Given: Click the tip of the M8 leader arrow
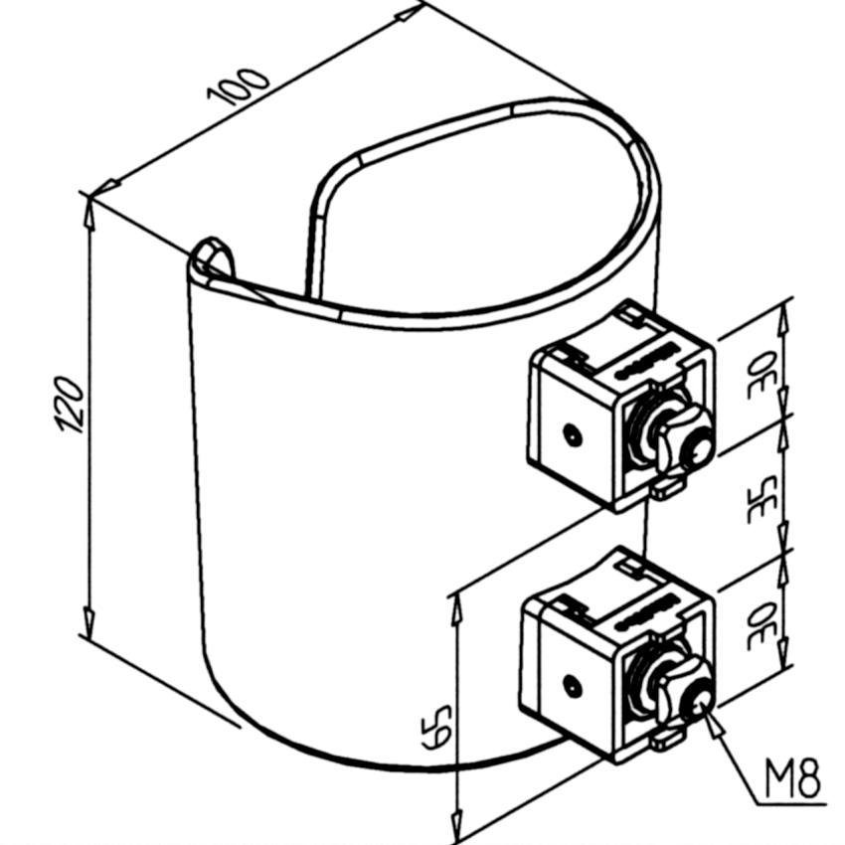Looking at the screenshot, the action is [x=703, y=707].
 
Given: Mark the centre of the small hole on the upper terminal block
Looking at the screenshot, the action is [x=573, y=433].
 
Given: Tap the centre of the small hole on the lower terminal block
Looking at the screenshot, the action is [x=572, y=686].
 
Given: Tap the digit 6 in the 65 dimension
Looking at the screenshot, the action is [x=435, y=737].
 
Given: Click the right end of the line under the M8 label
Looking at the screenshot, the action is [x=827, y=805].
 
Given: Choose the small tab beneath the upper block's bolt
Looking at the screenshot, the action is [x=668, y=489].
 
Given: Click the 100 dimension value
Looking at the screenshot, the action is [x=238, y=86].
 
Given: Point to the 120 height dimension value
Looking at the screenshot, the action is [x=72, y=404].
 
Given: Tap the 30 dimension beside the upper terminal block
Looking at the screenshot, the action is [x=762, y=374].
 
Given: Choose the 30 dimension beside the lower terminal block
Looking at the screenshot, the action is [x=762, y=626].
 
